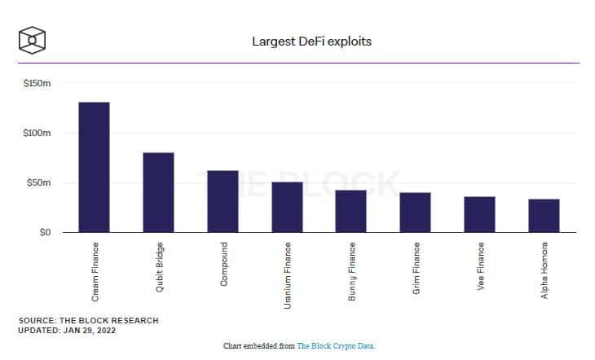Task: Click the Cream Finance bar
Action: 94,167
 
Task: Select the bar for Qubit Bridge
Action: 159,192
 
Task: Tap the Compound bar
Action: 223,201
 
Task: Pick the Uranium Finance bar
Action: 287,207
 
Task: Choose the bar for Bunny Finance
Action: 351,211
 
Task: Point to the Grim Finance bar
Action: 416,213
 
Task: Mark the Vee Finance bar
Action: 479,214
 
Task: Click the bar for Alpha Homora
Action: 544,216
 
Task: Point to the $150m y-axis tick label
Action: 37,83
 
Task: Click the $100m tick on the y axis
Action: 37,133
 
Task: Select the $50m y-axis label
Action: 38,182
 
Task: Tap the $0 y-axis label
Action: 45,232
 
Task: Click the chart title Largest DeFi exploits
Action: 312,42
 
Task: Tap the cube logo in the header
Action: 33,40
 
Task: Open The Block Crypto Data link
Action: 336,346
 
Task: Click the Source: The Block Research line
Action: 88,321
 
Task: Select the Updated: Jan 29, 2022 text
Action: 67,331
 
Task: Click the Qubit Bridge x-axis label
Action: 160,267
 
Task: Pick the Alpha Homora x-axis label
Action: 544,270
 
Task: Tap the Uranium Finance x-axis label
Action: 287,275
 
